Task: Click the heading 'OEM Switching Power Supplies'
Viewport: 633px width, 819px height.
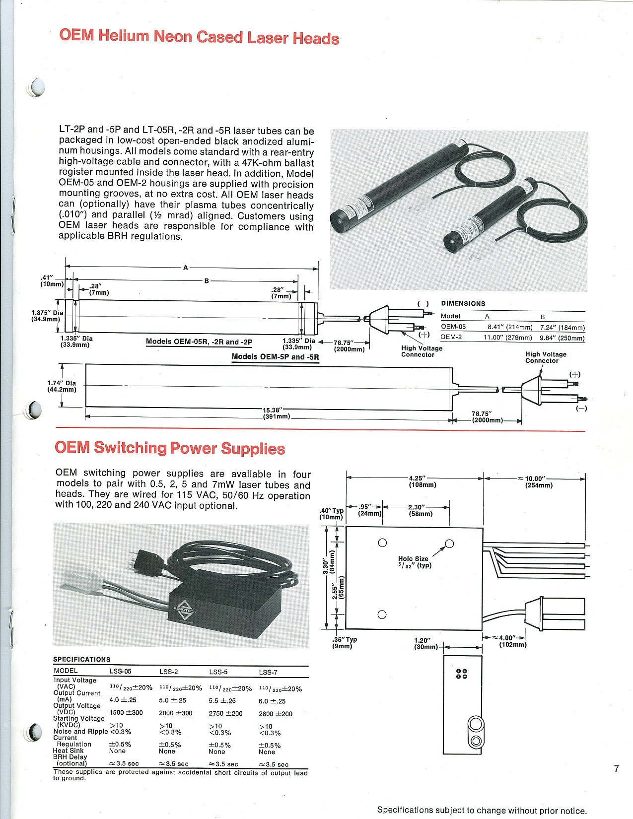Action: click(x=170, y=448)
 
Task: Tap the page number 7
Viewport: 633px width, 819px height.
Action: click(x=616, y=769)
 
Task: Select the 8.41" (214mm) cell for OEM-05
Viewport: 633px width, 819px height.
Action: click(x=510, y=328)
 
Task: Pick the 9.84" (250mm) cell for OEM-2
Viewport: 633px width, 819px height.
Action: click(x=563, y=338)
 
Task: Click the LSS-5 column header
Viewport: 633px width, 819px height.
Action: click(x=218, y=672)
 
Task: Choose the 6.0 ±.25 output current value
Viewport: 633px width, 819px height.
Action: click(x=272, y=701)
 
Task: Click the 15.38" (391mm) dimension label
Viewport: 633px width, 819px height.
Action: click(x=276, y=413)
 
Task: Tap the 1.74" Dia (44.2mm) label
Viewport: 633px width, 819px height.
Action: click(x=62, y=386)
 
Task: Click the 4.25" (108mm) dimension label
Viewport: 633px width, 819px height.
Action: click(x=422, y=481)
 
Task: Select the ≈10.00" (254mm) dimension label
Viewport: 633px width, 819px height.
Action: click(x=538, y=481)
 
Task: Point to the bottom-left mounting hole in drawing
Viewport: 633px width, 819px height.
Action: click(x=382, y=614)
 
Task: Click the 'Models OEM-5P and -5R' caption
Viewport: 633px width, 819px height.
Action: click(x=275, y=357)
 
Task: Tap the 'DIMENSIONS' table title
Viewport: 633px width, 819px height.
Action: click(x=463, y=304)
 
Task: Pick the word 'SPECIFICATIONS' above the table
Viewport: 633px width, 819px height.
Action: click(x=82, y=659)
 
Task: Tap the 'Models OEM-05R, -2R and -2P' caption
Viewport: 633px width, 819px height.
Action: click(x=199, y=342)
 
